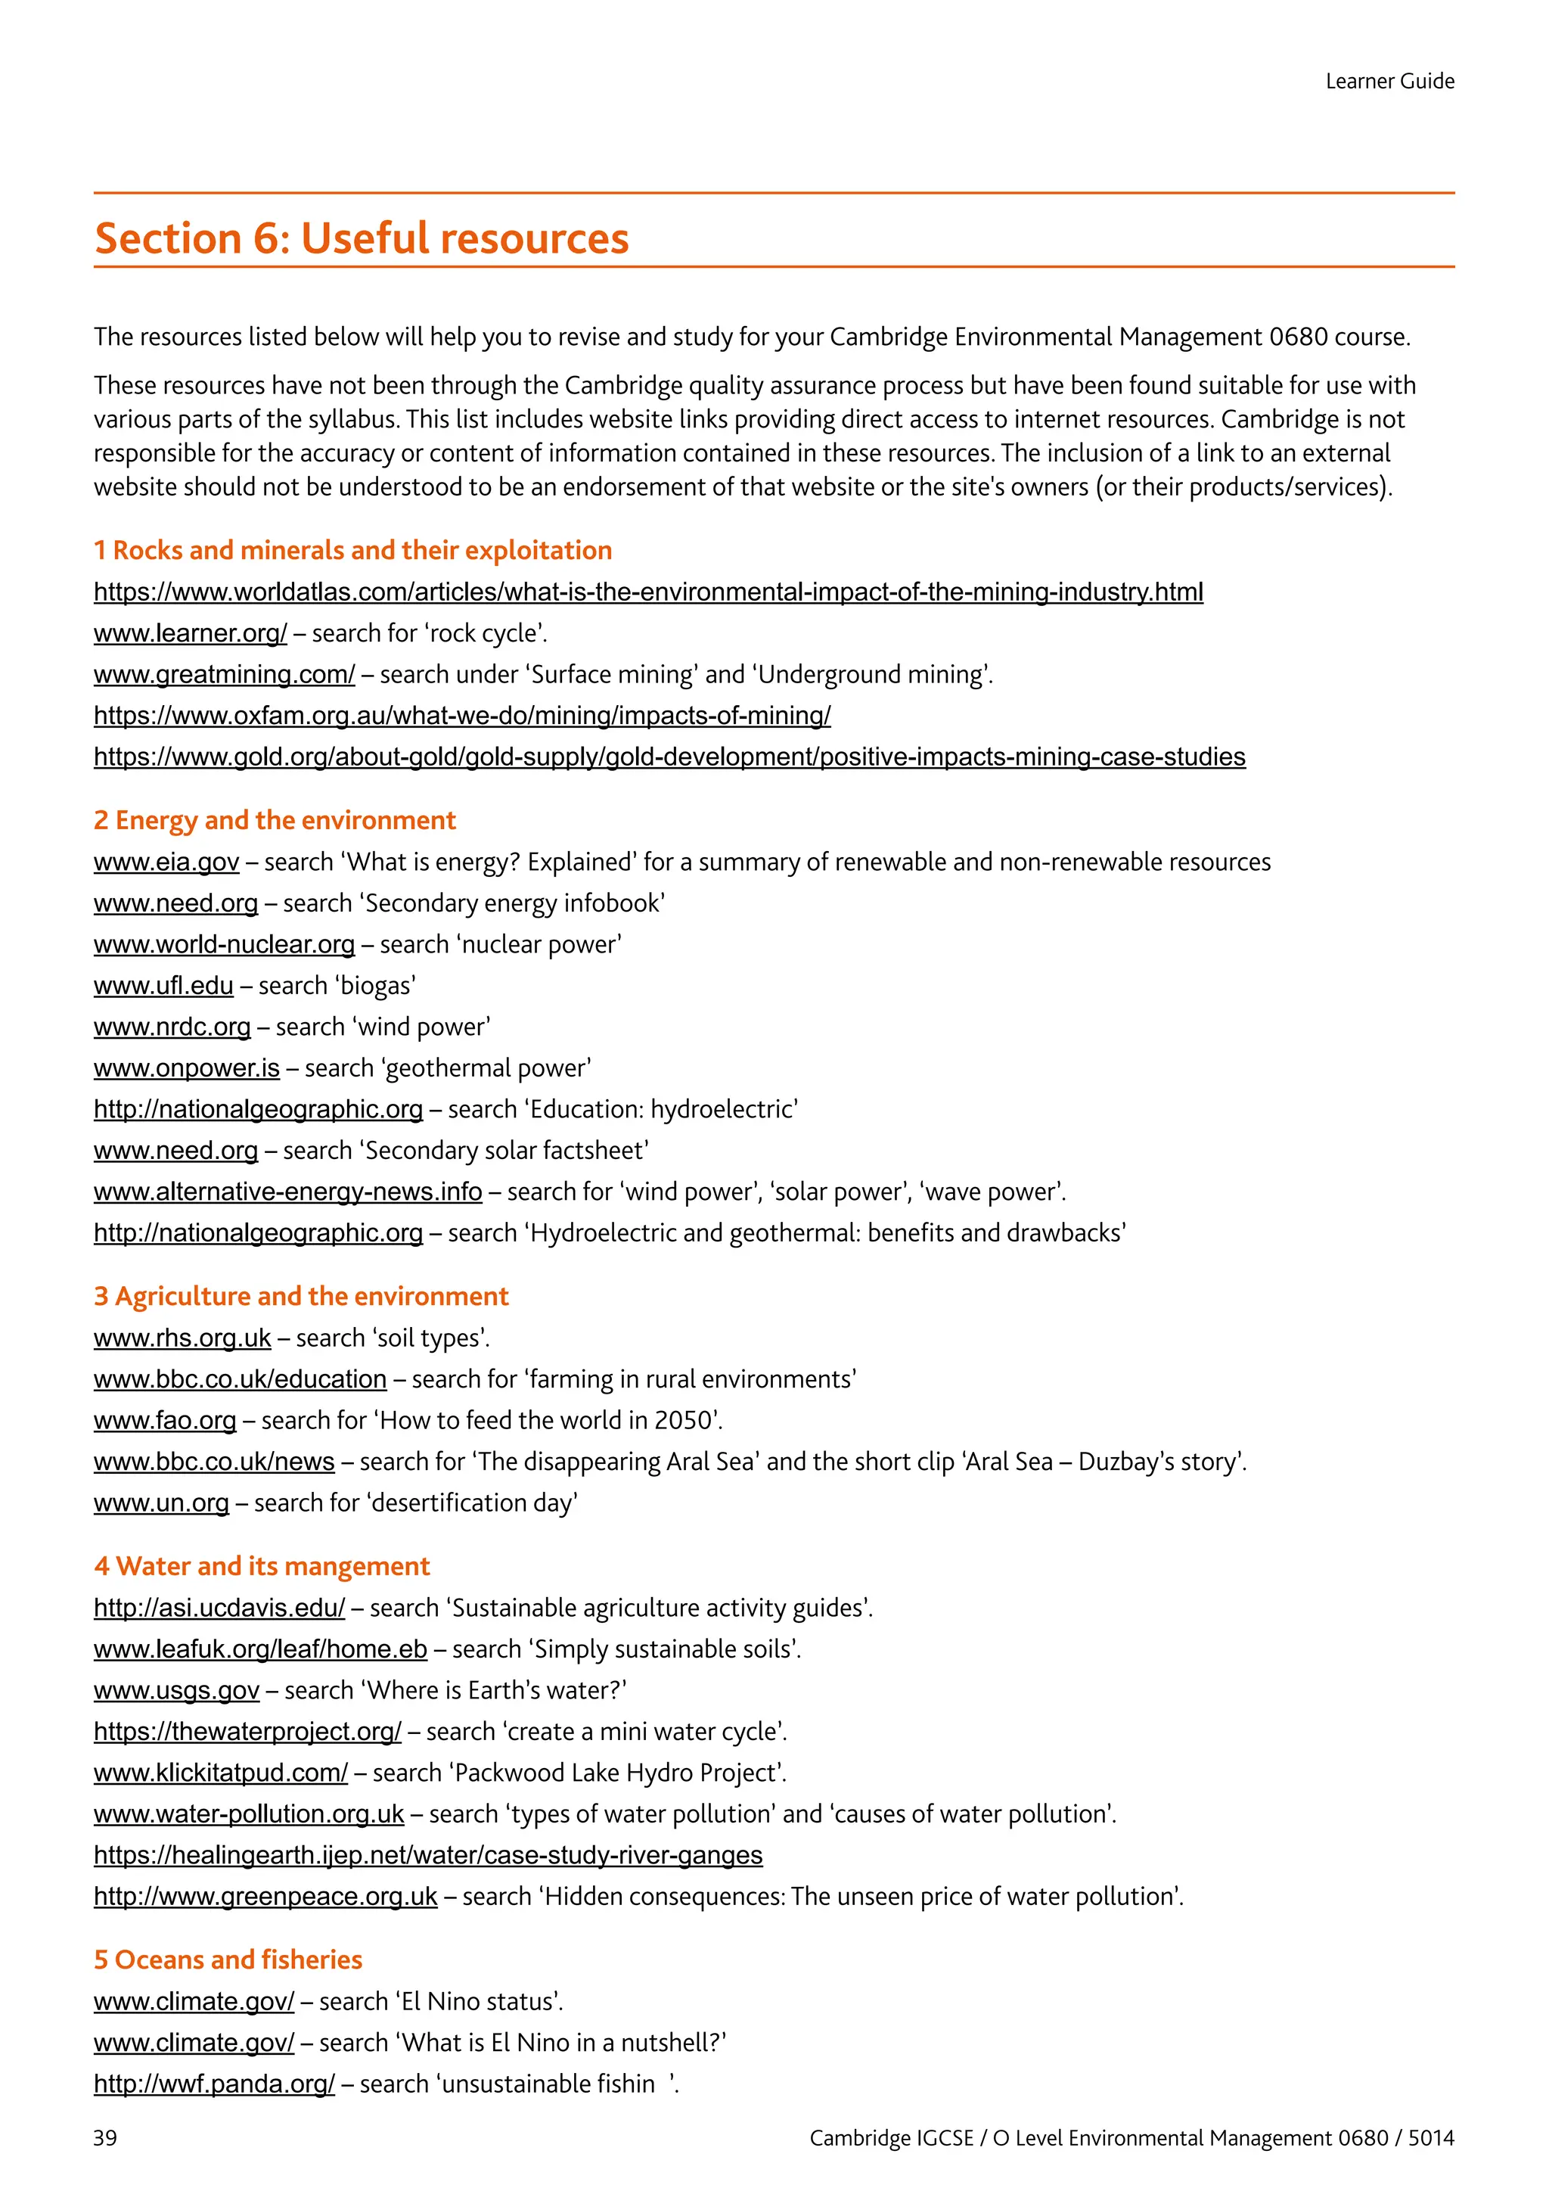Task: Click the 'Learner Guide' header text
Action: tap(1389, 81)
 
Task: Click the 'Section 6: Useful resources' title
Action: tap(362, 238)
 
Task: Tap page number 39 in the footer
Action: tap(105, 2137)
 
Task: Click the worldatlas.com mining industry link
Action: tap(647, 592)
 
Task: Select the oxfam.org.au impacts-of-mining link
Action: tap(461, 715)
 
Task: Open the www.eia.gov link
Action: tap(166, 862)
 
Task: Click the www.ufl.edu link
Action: tap(163, 985)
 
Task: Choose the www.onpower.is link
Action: tap(186, 1067)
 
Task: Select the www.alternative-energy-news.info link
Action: tap(287, 1191)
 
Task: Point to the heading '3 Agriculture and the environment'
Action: tap(300, 1296)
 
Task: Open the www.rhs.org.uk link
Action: tap(182, 1337)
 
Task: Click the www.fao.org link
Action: tap(165, 1420)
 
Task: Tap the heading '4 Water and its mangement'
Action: tap(262, 1566)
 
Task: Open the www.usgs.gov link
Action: tap(176, 1690)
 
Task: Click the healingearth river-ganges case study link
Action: tap(427, 1854)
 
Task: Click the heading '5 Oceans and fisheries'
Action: tap(228, 1959)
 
